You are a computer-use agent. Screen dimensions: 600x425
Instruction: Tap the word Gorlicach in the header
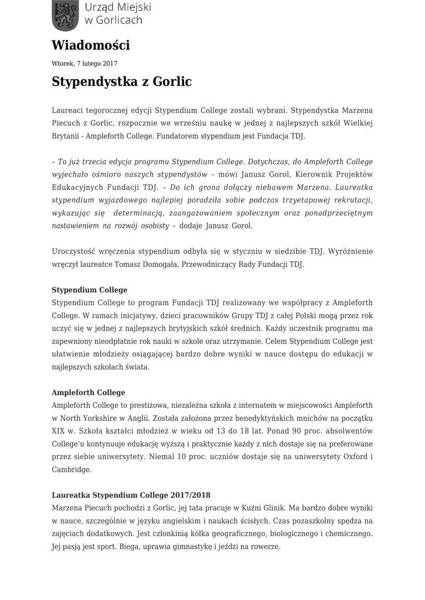tap(119, 20)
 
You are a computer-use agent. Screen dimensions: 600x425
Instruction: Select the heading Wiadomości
tap(91, 45)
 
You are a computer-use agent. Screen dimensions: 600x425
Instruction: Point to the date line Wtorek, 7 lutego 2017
tap(84, 63)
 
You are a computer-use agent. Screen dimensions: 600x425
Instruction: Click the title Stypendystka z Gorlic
tap(121, 81)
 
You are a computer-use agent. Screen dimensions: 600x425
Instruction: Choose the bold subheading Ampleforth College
tap(88, 393)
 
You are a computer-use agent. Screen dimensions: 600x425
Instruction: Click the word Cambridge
tap(72, 470)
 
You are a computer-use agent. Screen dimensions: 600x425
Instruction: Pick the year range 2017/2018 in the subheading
tap(190, 495)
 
